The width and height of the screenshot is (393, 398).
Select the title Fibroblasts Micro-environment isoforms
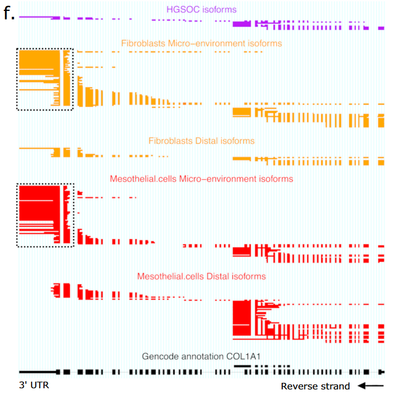coord(201,43)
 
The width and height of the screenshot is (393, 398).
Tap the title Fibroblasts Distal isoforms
coord(201,141)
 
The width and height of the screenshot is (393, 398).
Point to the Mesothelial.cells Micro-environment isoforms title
coord(201,178)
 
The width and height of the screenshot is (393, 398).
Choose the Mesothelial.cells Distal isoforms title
coord(201,277)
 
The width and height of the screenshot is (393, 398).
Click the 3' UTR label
coord(34,386)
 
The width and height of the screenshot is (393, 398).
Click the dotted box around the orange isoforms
coord(45,79)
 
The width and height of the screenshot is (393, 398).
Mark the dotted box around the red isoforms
coord(45,215)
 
